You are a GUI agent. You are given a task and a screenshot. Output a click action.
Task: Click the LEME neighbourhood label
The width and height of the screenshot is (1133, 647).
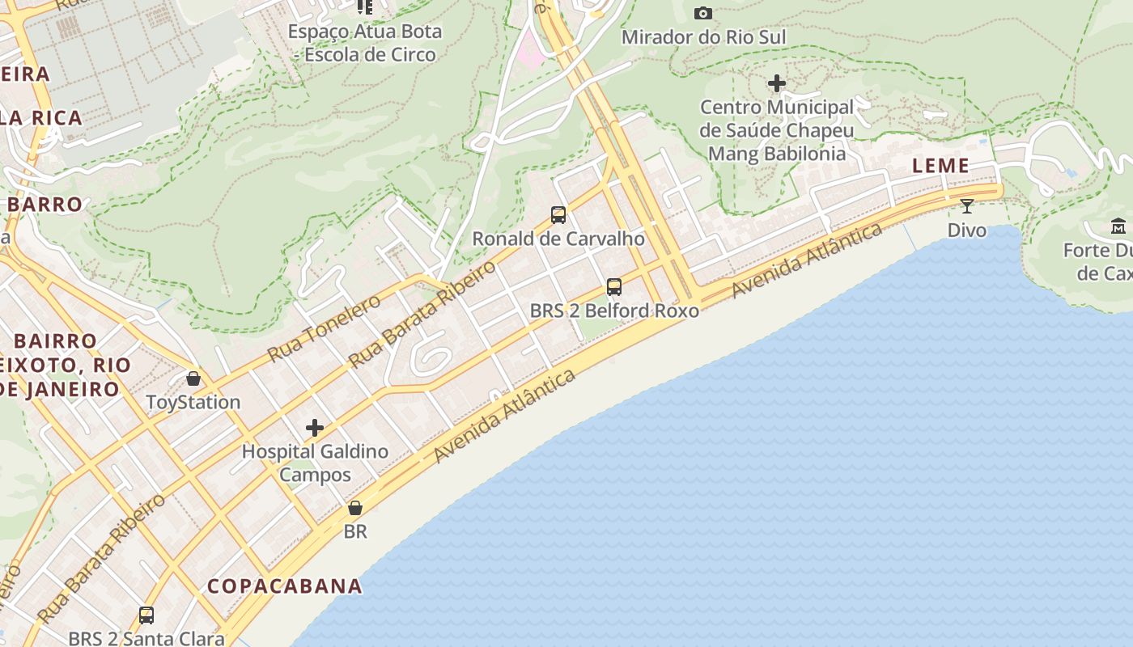(x=940, y=166)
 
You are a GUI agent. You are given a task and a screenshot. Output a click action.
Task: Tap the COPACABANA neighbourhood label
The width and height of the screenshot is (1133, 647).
(x=284, y=586)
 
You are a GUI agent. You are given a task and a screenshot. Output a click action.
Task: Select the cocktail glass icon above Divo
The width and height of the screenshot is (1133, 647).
(x=966, y=205)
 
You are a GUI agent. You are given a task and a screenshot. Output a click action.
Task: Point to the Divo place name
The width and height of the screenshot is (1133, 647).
(x=967, y=230)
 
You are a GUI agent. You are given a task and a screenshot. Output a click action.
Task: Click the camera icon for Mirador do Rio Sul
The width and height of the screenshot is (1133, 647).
(x=703, y=13)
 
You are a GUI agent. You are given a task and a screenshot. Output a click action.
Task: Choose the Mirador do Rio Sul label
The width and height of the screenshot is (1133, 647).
(x=703, y=37)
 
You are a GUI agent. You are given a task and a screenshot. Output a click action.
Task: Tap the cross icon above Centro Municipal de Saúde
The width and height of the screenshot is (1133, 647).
(x=777, y=83)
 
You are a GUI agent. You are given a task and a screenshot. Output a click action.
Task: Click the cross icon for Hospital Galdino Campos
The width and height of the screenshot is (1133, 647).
(x=315, y=428)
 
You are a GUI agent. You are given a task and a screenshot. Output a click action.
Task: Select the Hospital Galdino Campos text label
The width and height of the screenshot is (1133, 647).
(x=315, y=463)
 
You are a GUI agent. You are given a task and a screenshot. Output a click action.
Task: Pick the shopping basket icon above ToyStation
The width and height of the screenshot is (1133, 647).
(x=193, y=378)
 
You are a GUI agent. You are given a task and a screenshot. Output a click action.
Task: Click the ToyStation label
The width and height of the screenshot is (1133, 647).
(x=193, y=402)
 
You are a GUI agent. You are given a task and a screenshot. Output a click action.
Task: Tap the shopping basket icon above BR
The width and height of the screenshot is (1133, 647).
(x=354, y=508)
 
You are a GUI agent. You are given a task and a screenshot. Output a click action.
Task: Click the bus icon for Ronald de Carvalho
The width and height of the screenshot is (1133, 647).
(x=558, y=214)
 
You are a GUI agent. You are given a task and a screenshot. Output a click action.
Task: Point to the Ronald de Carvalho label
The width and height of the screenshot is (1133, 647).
(x=558, y=239)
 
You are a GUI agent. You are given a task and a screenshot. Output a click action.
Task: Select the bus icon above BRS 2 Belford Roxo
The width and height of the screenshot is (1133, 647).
(x=614, y=286)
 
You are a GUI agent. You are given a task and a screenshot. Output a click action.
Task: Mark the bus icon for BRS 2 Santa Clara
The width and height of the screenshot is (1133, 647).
(x=146, y=615)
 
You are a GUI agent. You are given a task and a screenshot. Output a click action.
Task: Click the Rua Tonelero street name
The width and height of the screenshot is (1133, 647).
(x=324, y=328)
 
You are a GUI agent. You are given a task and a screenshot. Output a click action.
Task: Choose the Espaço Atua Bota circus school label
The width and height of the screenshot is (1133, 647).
(x=366, y=43)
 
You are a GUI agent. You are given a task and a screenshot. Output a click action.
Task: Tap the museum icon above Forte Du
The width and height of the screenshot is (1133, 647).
(x=1118, y=226)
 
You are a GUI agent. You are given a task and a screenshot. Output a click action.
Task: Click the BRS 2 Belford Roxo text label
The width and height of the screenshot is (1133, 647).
(x=614, y=311)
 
